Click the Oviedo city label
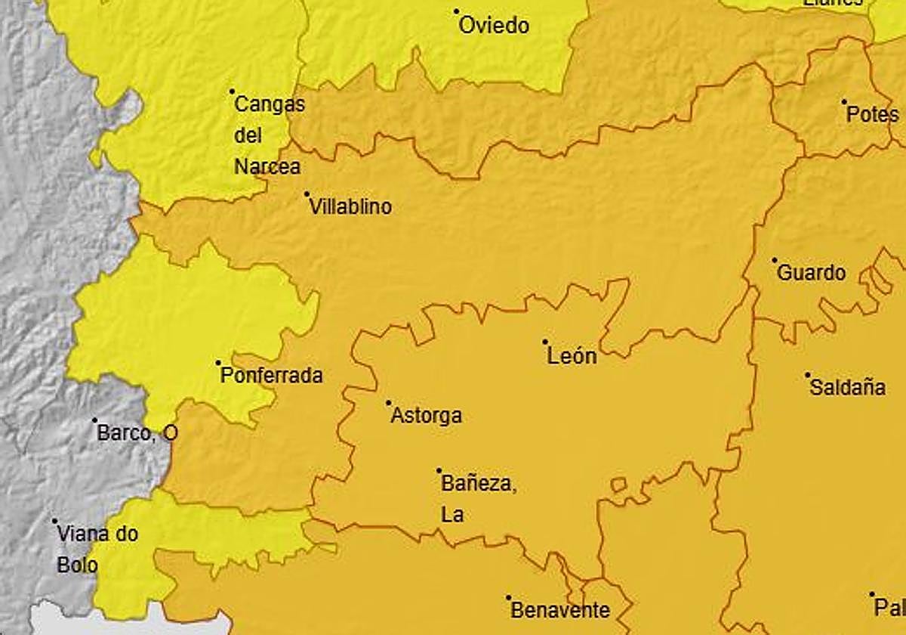click(x=495, y=26)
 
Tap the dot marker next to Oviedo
click(x=457, y=11)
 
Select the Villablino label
click(x=351, y=206)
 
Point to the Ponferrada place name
click(x=272, y=376)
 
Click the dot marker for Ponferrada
click(x=219, y=363)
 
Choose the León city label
click(x=572, y=356)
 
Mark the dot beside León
click(x=545, y=342)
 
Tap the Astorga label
click(x=427, y=416)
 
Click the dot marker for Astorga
click(x=389, y=403)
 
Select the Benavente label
click(x=560, y=610)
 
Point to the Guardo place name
click(x=812, y=273)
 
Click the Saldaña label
click(x=847, y=388)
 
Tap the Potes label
click(x=873, y=115)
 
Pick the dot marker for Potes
click(x=844, y=102)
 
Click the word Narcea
click(x=267, y=167)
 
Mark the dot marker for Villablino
click(x=307, y=194)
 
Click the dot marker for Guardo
click(x=775, y=260)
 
